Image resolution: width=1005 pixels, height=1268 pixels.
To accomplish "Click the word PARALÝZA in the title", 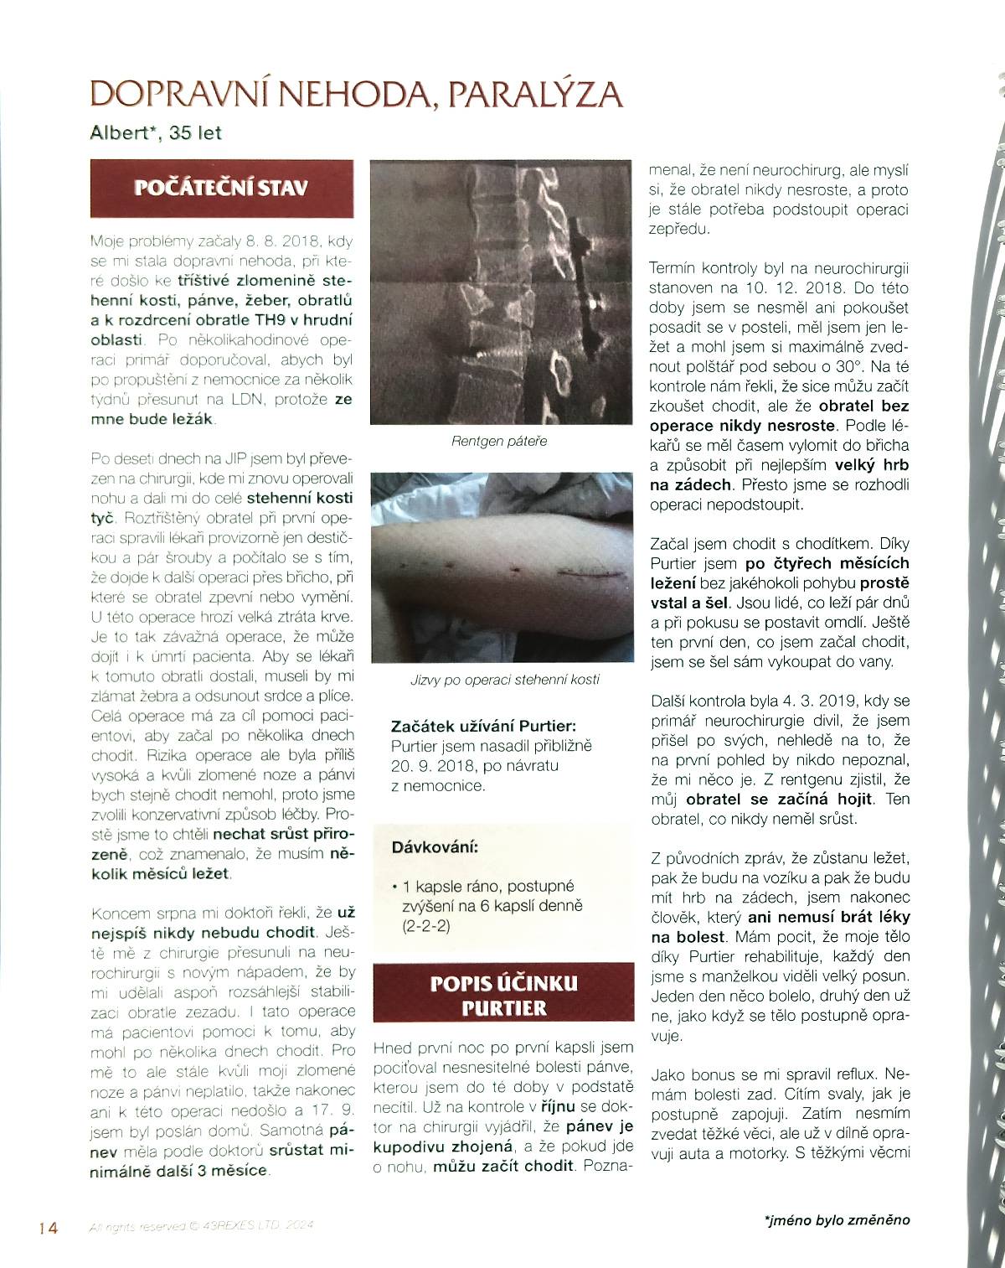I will pyautogui.click(x=535, y=96).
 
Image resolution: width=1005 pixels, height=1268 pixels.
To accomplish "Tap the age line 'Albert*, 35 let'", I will pyautogui.click(x=156, y=132).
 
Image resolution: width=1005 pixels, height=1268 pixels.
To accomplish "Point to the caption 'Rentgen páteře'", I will pyautogui.click(x=499, y=441).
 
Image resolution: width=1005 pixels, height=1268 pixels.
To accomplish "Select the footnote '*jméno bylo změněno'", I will pyautogui.click(x=837, y=1219).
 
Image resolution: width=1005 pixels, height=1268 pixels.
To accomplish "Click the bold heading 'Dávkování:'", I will pyautogui.click(x=435, y=847).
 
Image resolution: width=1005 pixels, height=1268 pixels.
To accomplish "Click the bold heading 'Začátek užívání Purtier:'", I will pyautogui.click(x=483, y=727).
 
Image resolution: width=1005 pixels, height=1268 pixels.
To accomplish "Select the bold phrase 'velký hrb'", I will pyautogui.click(x=871, y=464).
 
